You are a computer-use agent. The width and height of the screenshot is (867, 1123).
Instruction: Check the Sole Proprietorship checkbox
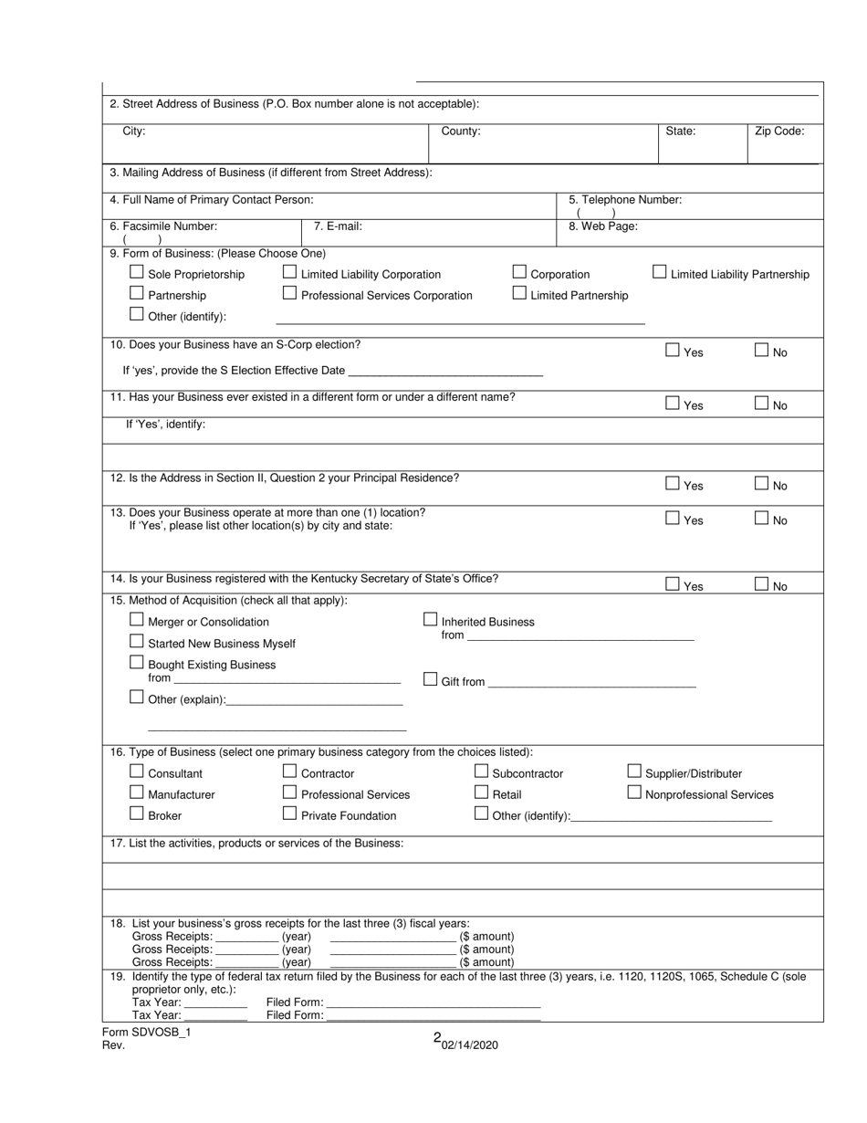point(137,272)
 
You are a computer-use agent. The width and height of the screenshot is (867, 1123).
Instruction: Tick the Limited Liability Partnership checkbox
point(660,272)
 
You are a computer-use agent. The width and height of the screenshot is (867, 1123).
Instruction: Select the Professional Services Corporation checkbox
point(289,293)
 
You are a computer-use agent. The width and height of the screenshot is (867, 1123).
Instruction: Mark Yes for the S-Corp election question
point(673,350)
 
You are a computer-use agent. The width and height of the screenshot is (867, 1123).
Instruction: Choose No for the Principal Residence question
point(761,484)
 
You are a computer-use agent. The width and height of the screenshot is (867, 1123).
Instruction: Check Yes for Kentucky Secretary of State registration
point(673,584)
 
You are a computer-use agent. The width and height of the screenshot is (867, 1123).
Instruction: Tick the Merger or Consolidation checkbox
point(137,620)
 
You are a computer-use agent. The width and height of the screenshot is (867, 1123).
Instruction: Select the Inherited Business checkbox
point(431,620)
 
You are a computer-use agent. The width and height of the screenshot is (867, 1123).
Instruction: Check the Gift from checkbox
point(431,679)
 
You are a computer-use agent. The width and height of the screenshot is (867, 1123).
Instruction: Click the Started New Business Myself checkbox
point(137,642)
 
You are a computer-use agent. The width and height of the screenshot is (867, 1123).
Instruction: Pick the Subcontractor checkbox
point(481,771)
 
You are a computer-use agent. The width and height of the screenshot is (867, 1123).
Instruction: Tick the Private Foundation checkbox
point(289,813)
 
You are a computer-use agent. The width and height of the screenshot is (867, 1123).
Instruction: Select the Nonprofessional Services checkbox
point(634,792)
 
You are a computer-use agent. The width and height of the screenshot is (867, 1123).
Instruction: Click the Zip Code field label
point(778,131)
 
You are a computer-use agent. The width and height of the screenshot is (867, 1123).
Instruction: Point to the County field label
point(461,131)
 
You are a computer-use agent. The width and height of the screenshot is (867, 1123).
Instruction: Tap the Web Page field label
point(603,226)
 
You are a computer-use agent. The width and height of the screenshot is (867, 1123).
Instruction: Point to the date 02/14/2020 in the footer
point(470,1045)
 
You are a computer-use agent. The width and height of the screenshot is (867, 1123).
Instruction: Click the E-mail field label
point(338,226)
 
